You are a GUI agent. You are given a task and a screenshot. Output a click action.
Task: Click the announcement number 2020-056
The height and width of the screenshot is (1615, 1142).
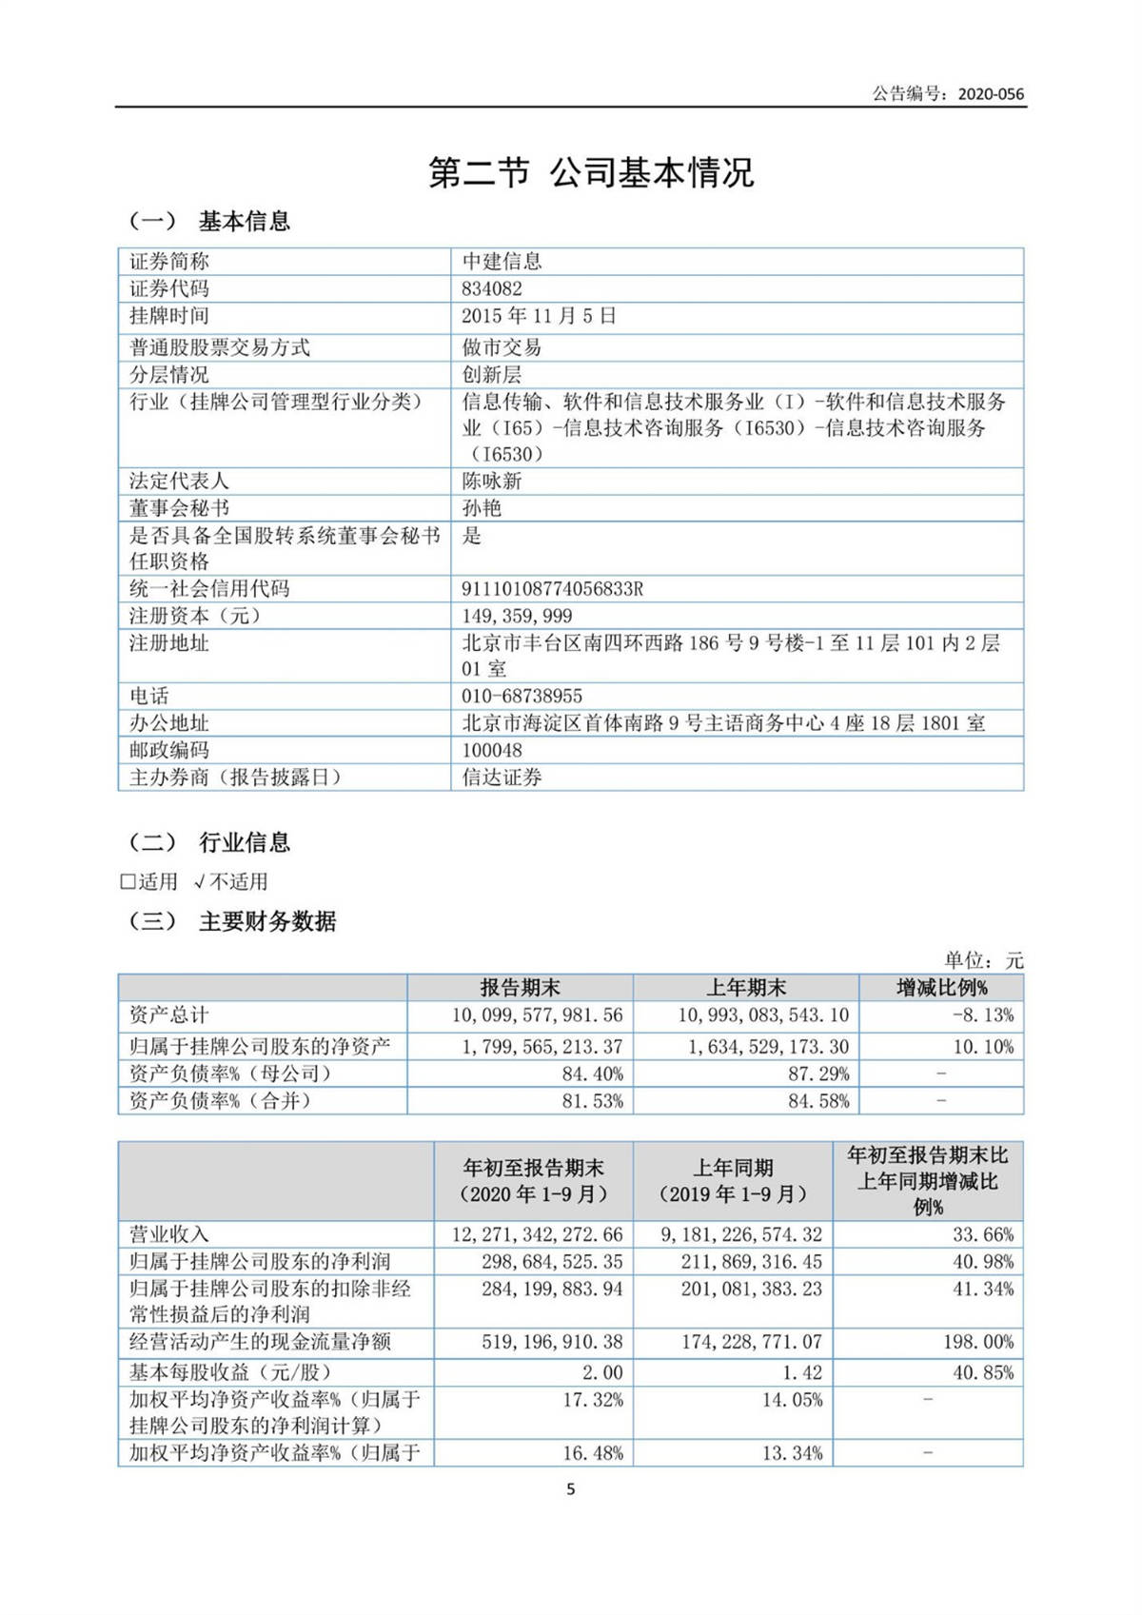click(991, 93)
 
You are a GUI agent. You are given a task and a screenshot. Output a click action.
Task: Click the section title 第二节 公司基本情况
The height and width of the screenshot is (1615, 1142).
click(590, 172)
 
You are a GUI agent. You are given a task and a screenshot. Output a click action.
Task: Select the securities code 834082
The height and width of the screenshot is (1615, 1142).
click(492, 288)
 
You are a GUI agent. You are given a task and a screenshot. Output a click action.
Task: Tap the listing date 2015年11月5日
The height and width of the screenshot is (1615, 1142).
click(540, 316)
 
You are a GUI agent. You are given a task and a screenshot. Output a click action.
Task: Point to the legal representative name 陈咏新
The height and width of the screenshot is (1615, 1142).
click(492, 481)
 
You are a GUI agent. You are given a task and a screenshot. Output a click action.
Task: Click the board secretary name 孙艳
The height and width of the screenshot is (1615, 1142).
click(482, 508)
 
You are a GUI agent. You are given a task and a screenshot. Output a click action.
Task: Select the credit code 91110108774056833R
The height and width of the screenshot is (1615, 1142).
click(553, 589)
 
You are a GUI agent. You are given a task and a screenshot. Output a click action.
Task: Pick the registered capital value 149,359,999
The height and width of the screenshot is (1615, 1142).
click(518, 616)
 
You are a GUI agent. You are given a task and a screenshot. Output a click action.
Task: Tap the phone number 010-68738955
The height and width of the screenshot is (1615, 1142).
click(522, 696)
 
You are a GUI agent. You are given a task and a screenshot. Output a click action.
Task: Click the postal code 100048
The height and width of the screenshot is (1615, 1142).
click(492, 750)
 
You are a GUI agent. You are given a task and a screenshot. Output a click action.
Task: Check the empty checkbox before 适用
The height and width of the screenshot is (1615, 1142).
click(128, 882)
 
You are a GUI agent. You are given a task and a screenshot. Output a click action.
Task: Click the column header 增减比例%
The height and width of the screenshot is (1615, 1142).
click(941, 988)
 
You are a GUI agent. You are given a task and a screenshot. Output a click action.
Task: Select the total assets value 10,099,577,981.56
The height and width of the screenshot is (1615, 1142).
click(538, 1015)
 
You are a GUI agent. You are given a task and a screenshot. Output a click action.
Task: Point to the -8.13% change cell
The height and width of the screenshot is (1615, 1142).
click(983, 1015)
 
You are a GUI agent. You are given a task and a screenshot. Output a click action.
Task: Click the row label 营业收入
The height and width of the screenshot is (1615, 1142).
click(169, 1234)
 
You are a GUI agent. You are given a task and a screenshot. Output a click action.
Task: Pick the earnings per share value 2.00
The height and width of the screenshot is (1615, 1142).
click(602, 1372)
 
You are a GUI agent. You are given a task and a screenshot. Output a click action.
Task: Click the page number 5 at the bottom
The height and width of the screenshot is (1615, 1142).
click(571, 1489)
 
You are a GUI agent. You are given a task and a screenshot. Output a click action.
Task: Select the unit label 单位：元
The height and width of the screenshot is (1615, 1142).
click(984, 960)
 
